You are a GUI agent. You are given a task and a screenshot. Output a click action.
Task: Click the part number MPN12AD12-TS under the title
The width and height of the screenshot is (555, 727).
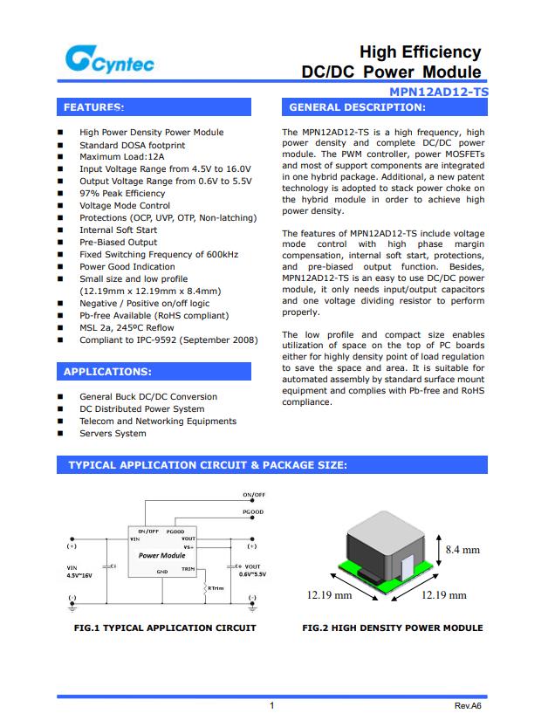click(x=439, y=92)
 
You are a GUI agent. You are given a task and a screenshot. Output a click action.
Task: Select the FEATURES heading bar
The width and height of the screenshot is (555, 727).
click(x=154, y=107)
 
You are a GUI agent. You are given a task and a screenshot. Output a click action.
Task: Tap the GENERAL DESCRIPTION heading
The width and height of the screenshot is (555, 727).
click(x=384, y=107)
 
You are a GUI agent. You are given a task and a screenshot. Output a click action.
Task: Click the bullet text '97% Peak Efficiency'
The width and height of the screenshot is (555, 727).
click(x=122, y=193)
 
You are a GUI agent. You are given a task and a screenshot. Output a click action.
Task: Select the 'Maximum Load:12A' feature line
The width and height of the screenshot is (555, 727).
click(x=121, y=157)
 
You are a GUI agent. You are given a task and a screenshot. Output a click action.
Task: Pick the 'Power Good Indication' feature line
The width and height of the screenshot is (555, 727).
click(x=127, y=267)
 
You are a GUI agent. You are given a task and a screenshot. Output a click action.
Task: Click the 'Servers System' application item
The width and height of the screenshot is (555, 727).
click(x=113, y=433)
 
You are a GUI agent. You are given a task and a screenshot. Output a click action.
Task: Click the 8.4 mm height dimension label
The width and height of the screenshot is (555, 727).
click(x=462, y=550)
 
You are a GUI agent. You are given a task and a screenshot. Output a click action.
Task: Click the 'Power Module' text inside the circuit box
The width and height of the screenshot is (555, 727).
click(x=161, y=555)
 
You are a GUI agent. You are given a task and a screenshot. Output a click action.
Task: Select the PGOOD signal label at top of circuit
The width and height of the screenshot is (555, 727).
click(x=253, y=512)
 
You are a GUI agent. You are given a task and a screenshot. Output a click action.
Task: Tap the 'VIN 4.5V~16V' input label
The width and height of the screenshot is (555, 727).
click(x=79, y=572)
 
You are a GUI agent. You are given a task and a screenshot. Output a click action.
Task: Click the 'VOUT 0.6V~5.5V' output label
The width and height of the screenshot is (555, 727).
click(x=252, y=571)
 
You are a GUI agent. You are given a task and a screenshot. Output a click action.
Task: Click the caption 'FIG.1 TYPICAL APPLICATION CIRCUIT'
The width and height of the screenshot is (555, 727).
click(x=165, y=628)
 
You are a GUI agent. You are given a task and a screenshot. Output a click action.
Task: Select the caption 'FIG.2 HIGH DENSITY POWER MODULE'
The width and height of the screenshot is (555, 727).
click(x=392, y=628)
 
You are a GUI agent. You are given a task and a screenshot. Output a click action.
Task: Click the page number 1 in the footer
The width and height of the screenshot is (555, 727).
click(x=272, y=705)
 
